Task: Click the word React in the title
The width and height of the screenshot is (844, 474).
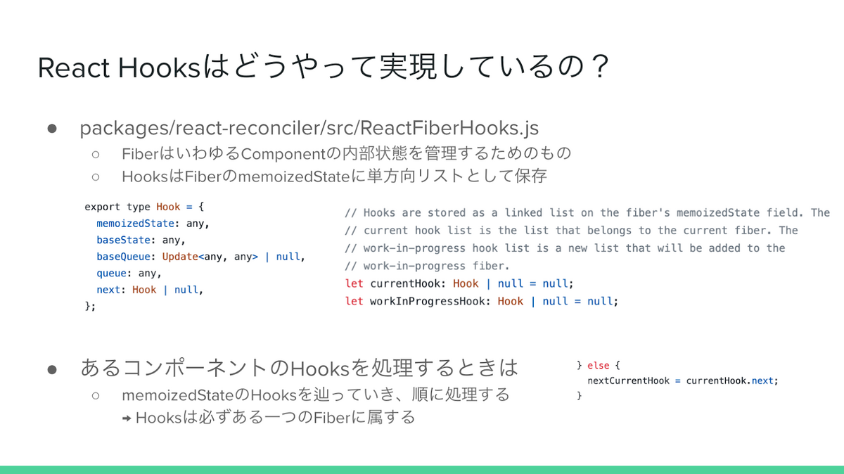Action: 73,68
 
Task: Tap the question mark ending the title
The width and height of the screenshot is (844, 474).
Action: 600,66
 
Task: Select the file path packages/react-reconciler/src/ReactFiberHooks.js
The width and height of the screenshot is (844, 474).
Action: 309,128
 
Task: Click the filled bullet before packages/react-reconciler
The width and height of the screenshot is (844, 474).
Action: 52,129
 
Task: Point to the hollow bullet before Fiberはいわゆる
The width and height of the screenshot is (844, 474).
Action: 96,154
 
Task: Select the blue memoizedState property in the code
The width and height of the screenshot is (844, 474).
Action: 135,224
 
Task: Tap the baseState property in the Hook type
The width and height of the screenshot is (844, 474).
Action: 123,240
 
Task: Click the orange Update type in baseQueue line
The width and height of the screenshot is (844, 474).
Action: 180,257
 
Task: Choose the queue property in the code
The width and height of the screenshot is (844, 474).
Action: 111,274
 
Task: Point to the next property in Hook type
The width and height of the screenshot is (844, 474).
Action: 108,290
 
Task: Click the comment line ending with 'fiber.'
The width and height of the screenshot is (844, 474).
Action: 427,266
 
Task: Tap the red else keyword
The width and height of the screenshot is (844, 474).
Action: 598,366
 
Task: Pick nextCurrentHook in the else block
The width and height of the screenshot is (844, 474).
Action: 629,380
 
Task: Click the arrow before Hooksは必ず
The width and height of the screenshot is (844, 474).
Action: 127,418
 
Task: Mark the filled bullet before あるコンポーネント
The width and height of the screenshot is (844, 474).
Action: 52,370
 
